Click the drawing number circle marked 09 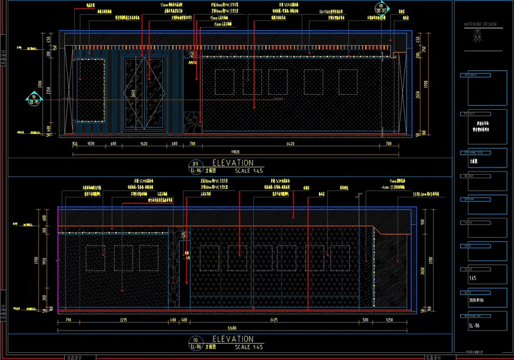point(194,164)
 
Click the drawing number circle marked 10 point(194,340)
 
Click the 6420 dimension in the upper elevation point(290,145)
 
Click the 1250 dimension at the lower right point(389,320)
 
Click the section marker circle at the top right point(380,8)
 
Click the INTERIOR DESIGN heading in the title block point(481,25)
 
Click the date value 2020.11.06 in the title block point(477,302)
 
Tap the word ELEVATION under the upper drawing point(233,163)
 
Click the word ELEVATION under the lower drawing point(233,339)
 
